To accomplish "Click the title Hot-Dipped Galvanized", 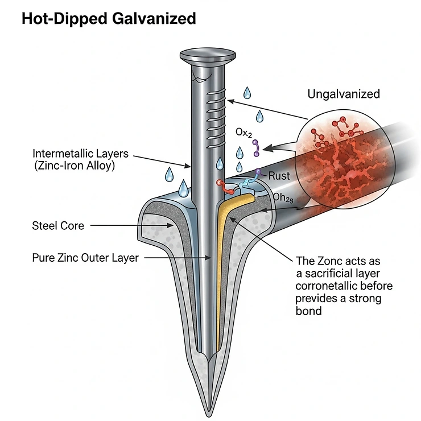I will point(108,18).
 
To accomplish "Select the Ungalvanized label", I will point(343,94).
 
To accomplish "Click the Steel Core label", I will point(58,226).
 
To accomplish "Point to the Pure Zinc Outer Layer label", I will point(85,258).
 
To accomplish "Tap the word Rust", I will point(279,176).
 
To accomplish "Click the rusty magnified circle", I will point(345,159).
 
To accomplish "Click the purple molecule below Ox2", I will point(257,148).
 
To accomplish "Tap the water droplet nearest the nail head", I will point(247,92).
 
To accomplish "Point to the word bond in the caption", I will point(308,311).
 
